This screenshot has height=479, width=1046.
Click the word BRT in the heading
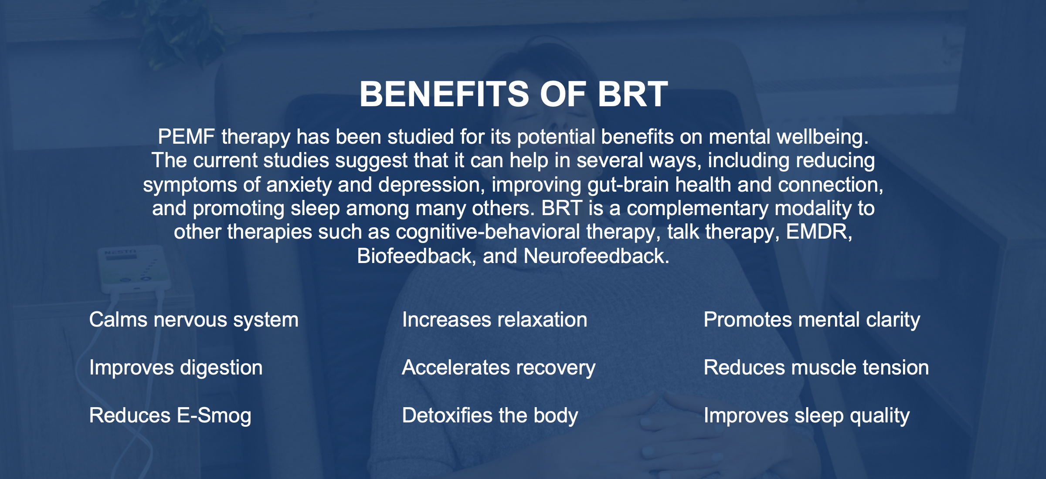click(x=632, y=94)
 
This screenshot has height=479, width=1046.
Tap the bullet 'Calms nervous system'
click(x=194, y=320)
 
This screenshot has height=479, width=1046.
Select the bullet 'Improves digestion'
click(x=176, y=368)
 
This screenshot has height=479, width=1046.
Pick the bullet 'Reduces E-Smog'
click(x=170, y=416)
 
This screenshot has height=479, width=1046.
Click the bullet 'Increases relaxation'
click(x=494, y=320)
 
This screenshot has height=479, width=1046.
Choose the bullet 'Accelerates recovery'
click(x=498, y=368)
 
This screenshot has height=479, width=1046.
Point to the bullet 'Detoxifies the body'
click(x=489, y=416)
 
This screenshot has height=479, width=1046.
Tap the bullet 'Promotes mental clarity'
click(x=812, y=320)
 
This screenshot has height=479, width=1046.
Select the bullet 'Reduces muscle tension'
click(x=816, y=368)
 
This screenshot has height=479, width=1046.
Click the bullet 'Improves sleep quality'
click(x=806, y=416)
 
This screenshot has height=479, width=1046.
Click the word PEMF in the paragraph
click(x=186, y=137)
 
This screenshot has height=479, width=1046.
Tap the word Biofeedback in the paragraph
click(x=415, y=256)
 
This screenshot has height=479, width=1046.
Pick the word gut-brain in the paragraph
click(x=628, y=185)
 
